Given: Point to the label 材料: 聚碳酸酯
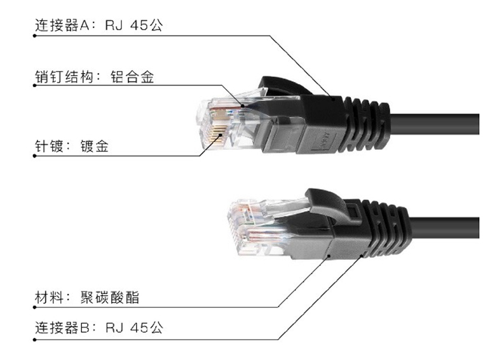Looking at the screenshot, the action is (x=86, y=297).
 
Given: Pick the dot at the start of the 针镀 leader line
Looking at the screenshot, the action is (x=35, y=156).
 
